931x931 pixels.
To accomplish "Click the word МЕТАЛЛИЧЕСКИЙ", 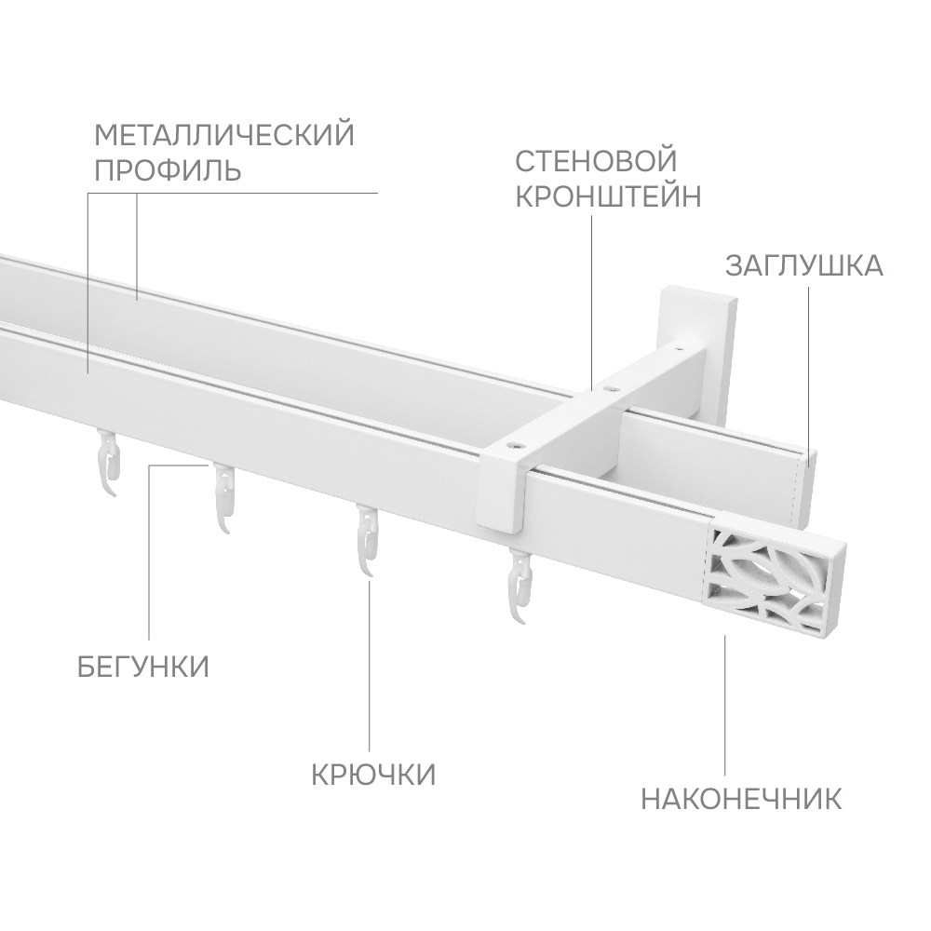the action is [x=224, y=135].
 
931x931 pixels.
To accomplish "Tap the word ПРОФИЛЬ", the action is [x=168, y=169].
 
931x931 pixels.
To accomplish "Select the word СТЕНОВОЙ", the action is [x=596, y=161].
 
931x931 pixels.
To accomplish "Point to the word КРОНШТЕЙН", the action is [x=608, y=196].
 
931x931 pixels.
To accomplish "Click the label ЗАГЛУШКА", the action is [x=804, y=266].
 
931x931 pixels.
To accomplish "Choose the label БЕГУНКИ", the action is [x=143, y=667].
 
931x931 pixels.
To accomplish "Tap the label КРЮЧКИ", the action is [x=373, y=775].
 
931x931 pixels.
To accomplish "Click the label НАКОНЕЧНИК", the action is [x=741, y=799].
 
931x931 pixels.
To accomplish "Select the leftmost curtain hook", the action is [x=111, y=460].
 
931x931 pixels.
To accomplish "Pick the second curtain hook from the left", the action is [x=223, y=497].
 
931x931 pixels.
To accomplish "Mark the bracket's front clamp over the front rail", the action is [x=504, y=487].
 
